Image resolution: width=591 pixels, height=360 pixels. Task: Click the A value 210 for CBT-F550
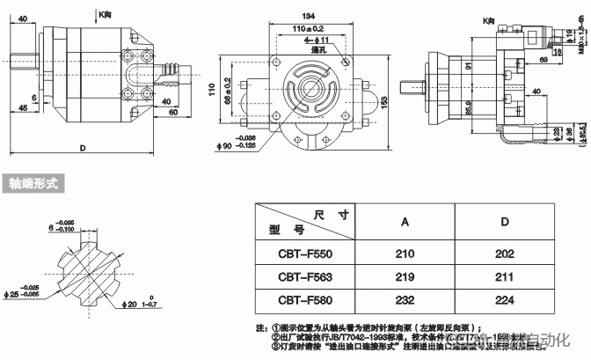[405, 254]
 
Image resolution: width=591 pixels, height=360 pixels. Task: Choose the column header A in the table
[405, 221]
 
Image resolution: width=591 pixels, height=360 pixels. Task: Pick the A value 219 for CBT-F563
[405, 276]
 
